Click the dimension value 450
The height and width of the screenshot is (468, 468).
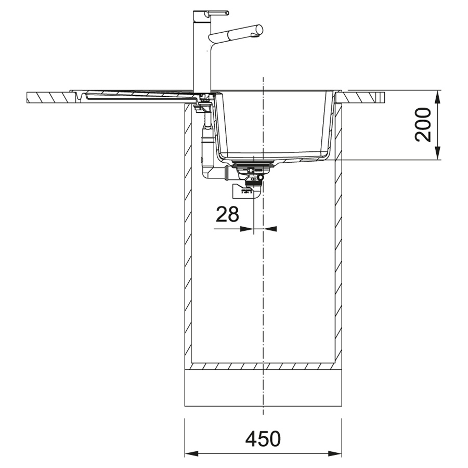click(x=263, y=438)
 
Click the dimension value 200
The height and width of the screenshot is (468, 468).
click(x=423, y=125)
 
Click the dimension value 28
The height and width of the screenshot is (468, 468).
click(x=227, y=214)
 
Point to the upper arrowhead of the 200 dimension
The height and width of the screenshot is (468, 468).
click(x=437, y=98)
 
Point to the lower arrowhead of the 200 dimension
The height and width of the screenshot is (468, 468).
click(x=437, y=153)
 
